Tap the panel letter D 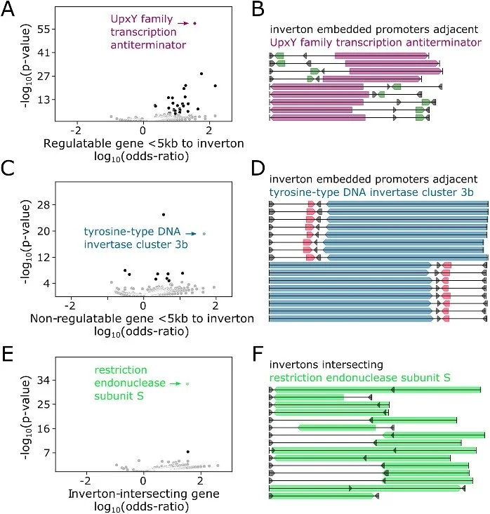[x=257, y=168]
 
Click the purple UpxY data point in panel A [x=195, y=23]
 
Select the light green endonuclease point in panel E [x=187, y=383]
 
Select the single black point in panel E [x=187, y=452]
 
